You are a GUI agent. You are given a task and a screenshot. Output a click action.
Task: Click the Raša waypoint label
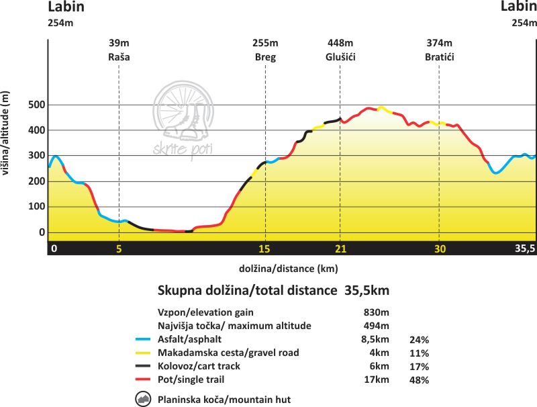pos(119,57)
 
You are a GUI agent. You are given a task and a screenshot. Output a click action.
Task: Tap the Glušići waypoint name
pos(340,57)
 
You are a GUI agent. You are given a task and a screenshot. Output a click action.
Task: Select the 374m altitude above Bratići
pos(440,44)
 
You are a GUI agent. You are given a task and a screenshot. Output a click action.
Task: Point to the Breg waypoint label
pos(265,57)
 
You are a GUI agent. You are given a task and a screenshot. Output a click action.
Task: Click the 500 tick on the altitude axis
pos(36,105)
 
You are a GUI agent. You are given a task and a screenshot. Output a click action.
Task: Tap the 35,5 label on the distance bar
pos(524,248)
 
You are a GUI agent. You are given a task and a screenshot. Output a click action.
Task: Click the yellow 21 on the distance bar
pos(340,248)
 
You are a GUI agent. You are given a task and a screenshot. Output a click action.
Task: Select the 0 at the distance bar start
pos(54,248)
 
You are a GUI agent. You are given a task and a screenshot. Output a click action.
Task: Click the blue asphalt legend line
pos(143,340)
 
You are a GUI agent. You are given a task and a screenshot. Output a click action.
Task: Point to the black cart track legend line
pos(143,367)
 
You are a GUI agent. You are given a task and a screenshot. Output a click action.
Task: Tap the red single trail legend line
pos(143,380)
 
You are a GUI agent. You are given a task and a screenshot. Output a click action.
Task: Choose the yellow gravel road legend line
pos(143,353)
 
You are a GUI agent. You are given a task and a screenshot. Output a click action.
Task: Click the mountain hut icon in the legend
pos(143,400)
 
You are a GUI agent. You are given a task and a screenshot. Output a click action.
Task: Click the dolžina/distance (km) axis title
pos(288,268)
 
